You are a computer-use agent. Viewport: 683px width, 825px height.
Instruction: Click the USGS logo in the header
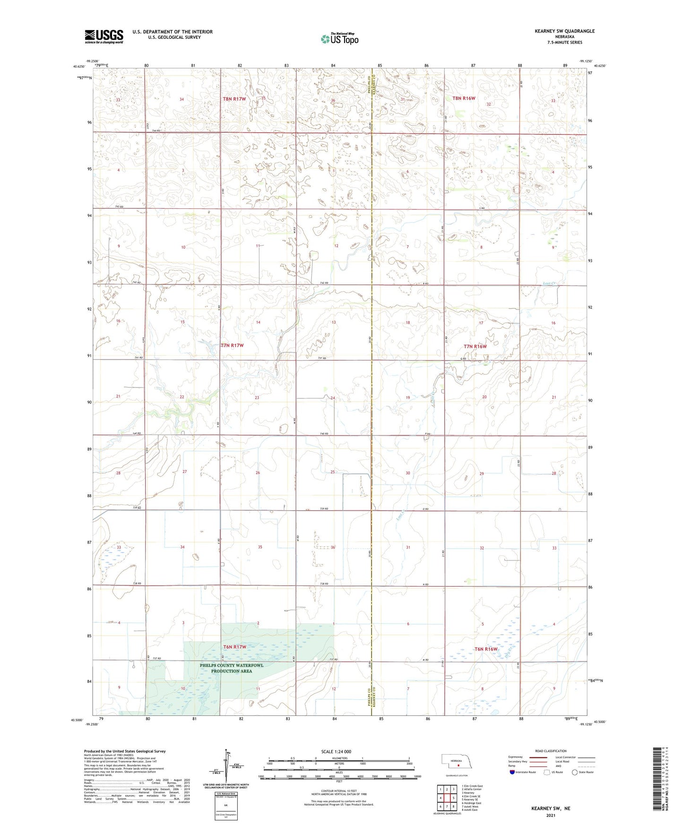tap(104, 36)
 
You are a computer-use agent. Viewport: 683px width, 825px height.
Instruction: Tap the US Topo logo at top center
tap(339, 39)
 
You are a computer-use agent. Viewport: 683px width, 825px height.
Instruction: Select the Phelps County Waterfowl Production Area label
tap(232, 668)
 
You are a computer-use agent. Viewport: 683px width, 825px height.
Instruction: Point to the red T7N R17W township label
tap(233, 345)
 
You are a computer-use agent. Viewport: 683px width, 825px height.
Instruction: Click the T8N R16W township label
tap(463, 98)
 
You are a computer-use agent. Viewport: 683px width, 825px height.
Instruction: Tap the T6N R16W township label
tap(486, 649)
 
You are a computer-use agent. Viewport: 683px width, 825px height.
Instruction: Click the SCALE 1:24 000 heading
tap(336, 751)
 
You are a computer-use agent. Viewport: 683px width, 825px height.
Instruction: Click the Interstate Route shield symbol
tap(512, 772)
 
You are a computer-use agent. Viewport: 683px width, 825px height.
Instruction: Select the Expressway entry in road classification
tap(515, 756)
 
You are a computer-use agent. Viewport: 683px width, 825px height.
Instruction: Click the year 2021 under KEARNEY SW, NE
tap(551, 815)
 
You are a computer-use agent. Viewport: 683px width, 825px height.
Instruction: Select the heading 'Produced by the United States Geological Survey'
tap(125, 751)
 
